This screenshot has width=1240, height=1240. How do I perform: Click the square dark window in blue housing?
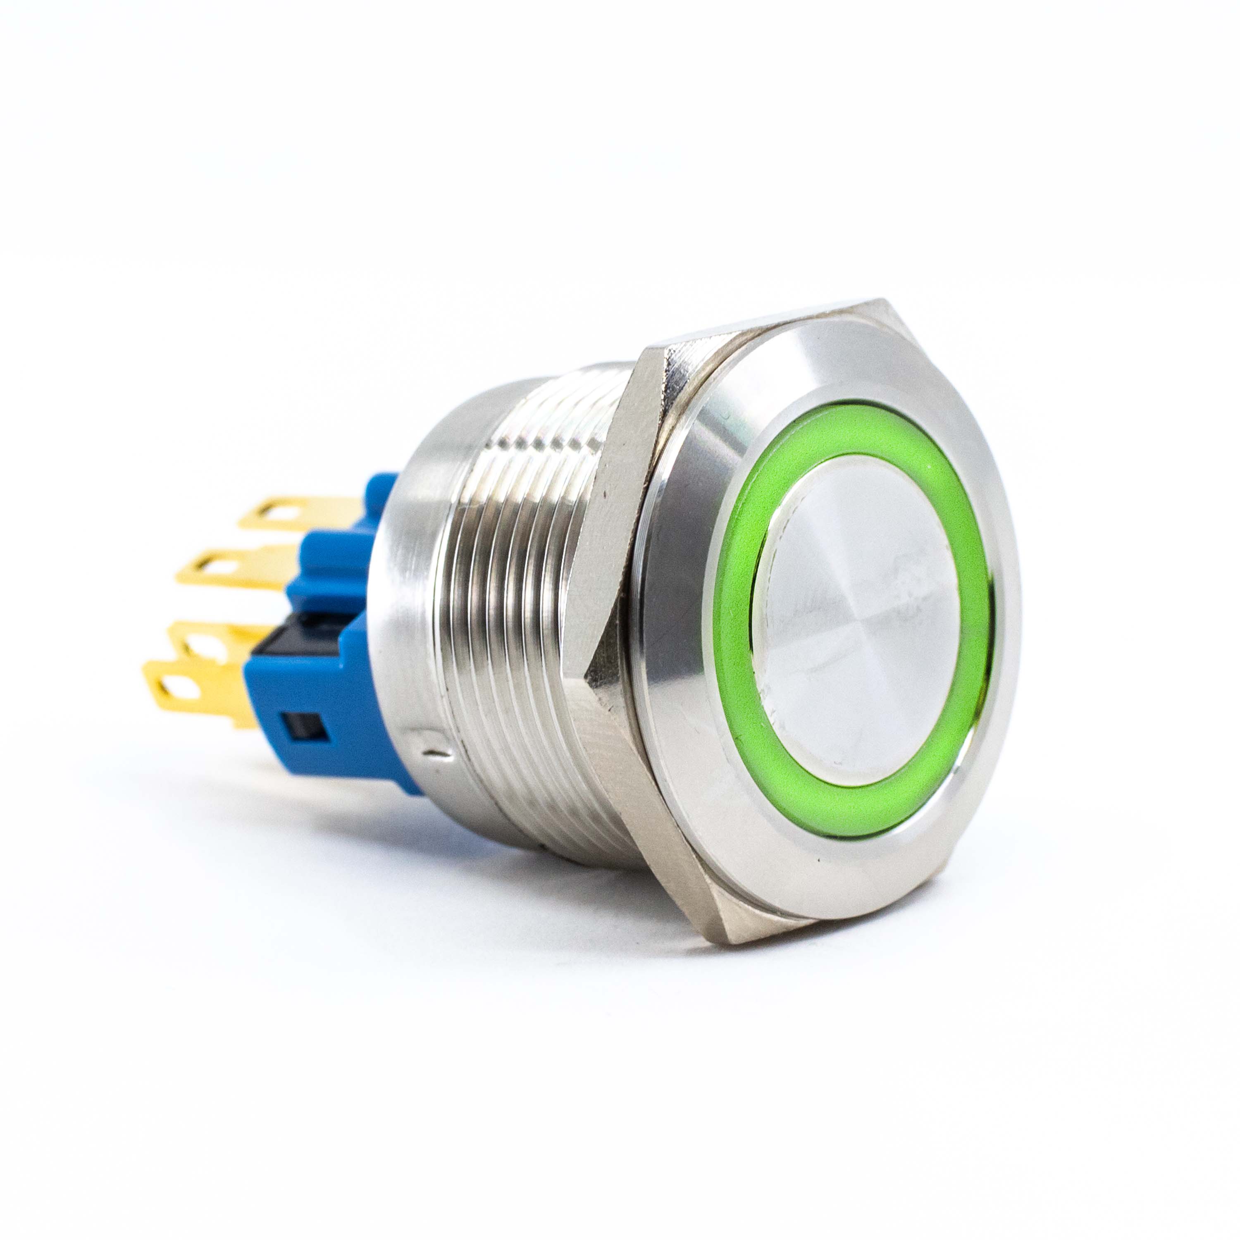tap(307, 727)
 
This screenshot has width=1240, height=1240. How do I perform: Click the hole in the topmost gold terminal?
tap(277, 512)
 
